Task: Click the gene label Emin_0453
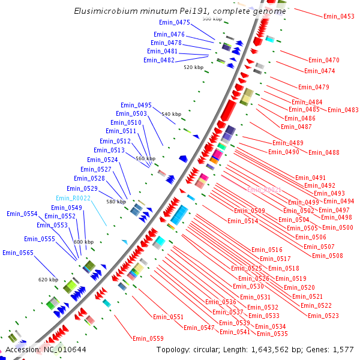click(338, 16)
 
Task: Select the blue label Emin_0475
click(175, 22)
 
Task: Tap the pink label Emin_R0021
click(264, 190)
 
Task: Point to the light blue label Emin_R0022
click(73, 198)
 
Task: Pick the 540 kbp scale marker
click(171, 114)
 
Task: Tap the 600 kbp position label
click(84, 242)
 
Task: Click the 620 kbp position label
click(48, 280)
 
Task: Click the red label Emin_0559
click(148, 338)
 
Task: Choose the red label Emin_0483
click(343, 110)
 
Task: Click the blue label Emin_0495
click(136, 105)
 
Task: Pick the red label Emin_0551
click(168, 316)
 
